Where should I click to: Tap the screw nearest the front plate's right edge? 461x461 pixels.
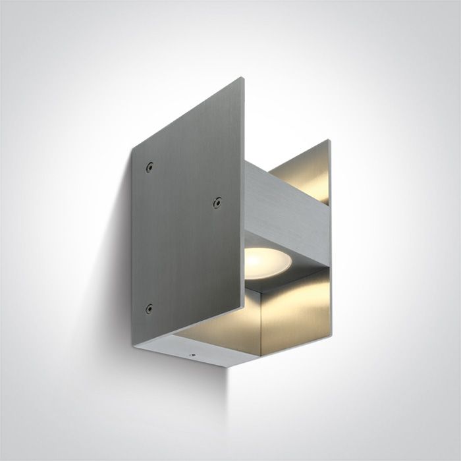(216, 202)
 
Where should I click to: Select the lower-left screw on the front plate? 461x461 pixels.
(149, 308)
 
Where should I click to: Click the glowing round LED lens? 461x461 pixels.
(268, 263)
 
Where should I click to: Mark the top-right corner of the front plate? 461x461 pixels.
(242, 78)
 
